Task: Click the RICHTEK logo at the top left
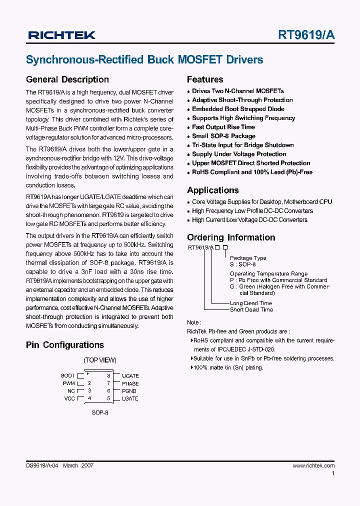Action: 62,35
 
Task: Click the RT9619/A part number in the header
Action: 306,35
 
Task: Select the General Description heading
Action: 67,79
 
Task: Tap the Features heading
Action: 205,79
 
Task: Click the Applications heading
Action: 213,190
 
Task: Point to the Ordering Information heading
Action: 231,237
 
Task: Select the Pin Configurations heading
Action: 65,345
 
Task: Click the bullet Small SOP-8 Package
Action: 223,136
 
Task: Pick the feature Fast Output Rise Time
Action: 223,127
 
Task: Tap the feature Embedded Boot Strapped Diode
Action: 238,109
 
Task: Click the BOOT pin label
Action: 67,375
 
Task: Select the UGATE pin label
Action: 130,375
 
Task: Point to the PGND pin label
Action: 129,391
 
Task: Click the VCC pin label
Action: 69,398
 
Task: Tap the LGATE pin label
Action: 130,398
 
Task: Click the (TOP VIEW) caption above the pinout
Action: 100,360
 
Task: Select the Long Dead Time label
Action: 251,303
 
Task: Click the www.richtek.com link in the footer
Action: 313,465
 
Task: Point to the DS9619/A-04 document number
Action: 42,465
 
